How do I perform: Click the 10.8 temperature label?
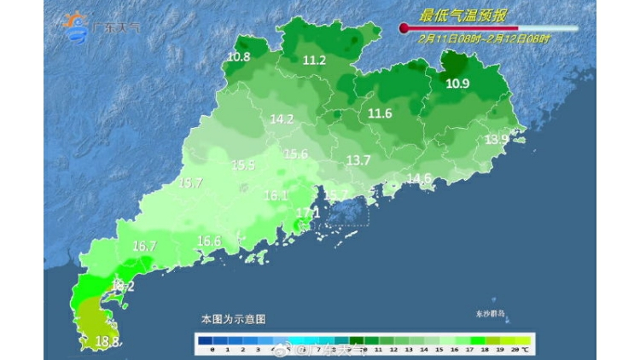pyautogui.click(x=238, y=57)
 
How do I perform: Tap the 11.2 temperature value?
pyautogui.click(x=314, y=60)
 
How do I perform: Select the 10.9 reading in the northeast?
pyautogui.click(x=457, y=83)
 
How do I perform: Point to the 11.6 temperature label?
pyautogui.click(x=380, y=113)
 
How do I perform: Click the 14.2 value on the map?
pyautogui.click(x=282, y=119)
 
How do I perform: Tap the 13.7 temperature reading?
pyautogui.click(x=358, y=160)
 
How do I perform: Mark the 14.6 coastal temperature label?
pyautogui.click(x=418, y=177)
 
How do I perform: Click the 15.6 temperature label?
pyautogui.click(x=295, y=154)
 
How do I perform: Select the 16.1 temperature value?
pyautogui.click(x=276, y=195)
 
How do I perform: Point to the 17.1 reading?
pyautogui.click(x=307, y=212)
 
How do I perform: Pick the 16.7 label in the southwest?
pyautogui.click(x=145, y=246)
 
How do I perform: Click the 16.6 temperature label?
pyautogui.click(x=209, y=241)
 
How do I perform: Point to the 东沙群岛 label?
pyautogui.click(x=490, y=314)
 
